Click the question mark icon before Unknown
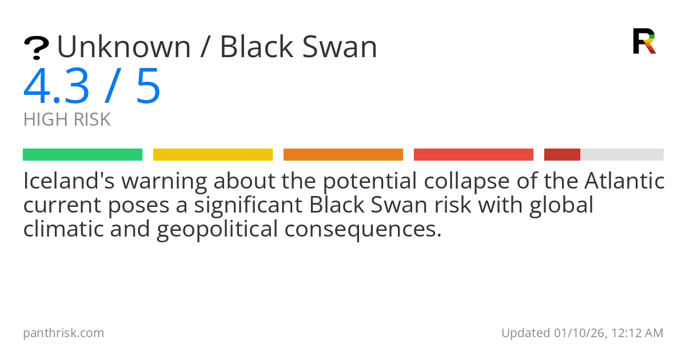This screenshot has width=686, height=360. (x=36, y=48)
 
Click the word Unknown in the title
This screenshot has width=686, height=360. (x=123, y=47)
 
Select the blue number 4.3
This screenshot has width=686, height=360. (x=56, y=86)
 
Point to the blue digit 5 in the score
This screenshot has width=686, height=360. (x=148, y=86)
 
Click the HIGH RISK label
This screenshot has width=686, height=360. (x=67, y=120)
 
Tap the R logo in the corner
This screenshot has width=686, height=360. (x=644, y=41)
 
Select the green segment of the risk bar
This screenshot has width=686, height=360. (x=82, y=155)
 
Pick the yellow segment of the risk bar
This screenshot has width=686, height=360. (x=213, y=155)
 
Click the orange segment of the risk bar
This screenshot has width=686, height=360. (x=343, y=155)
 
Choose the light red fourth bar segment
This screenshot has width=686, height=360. (x=473, y=155)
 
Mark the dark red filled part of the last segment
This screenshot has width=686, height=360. (x=562, y=155)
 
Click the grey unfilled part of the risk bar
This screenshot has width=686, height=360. (x=622, y=155)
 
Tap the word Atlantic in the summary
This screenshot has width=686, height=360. (x=624, y=182)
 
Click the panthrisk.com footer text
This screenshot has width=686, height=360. (x=63, y=333)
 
